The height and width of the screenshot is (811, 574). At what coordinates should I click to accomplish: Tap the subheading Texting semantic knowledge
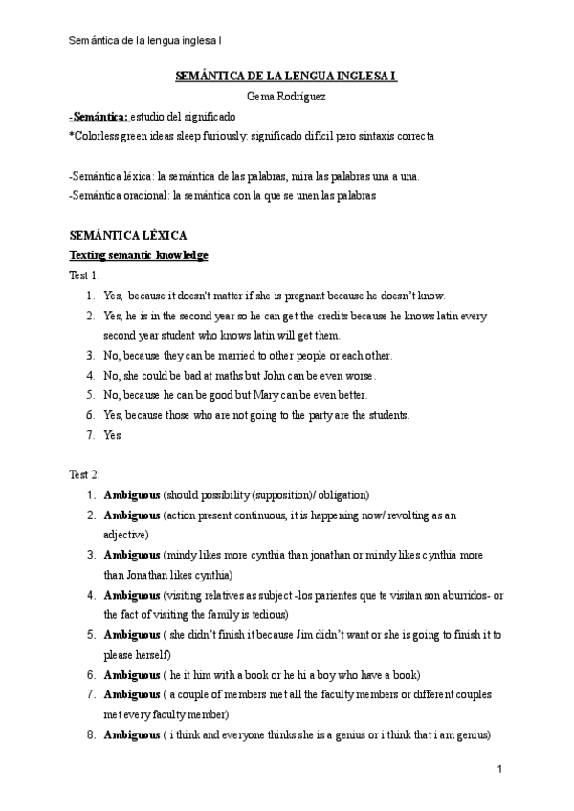[139, 254]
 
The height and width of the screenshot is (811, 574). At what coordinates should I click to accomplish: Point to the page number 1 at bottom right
[500, 769]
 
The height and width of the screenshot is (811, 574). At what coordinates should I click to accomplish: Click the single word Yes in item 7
[112, 435]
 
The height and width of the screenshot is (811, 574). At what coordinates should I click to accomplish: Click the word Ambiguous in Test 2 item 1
[132, 494]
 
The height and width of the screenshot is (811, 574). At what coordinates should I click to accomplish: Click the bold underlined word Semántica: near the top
[100, 116]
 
